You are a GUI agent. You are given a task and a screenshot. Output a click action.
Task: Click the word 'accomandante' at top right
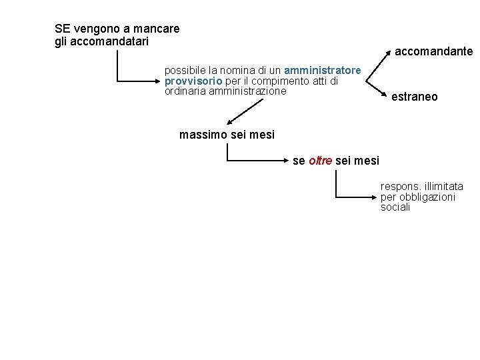(x=433, y=51)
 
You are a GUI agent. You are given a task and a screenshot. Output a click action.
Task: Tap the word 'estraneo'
(x=415, y=97)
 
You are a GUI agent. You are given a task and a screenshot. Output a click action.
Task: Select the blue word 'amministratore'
(x=323, y=70)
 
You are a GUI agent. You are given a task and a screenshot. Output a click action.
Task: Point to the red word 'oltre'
(x=321, y=161)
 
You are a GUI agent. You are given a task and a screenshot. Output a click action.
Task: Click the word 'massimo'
(x=203, y=135)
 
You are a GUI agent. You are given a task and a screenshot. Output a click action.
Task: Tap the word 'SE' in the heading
(x=62, y=29)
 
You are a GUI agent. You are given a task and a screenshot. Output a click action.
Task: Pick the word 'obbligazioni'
(x=427, y=197)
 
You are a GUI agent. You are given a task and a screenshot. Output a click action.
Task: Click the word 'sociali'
(x=395, y=207)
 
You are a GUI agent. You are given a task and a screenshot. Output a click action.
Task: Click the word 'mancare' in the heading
(x=157, y=29)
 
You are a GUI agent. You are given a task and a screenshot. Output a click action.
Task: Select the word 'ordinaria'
(x=185, y=91)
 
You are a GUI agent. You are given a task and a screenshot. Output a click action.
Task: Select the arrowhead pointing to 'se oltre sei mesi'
(x=287, y=161)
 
